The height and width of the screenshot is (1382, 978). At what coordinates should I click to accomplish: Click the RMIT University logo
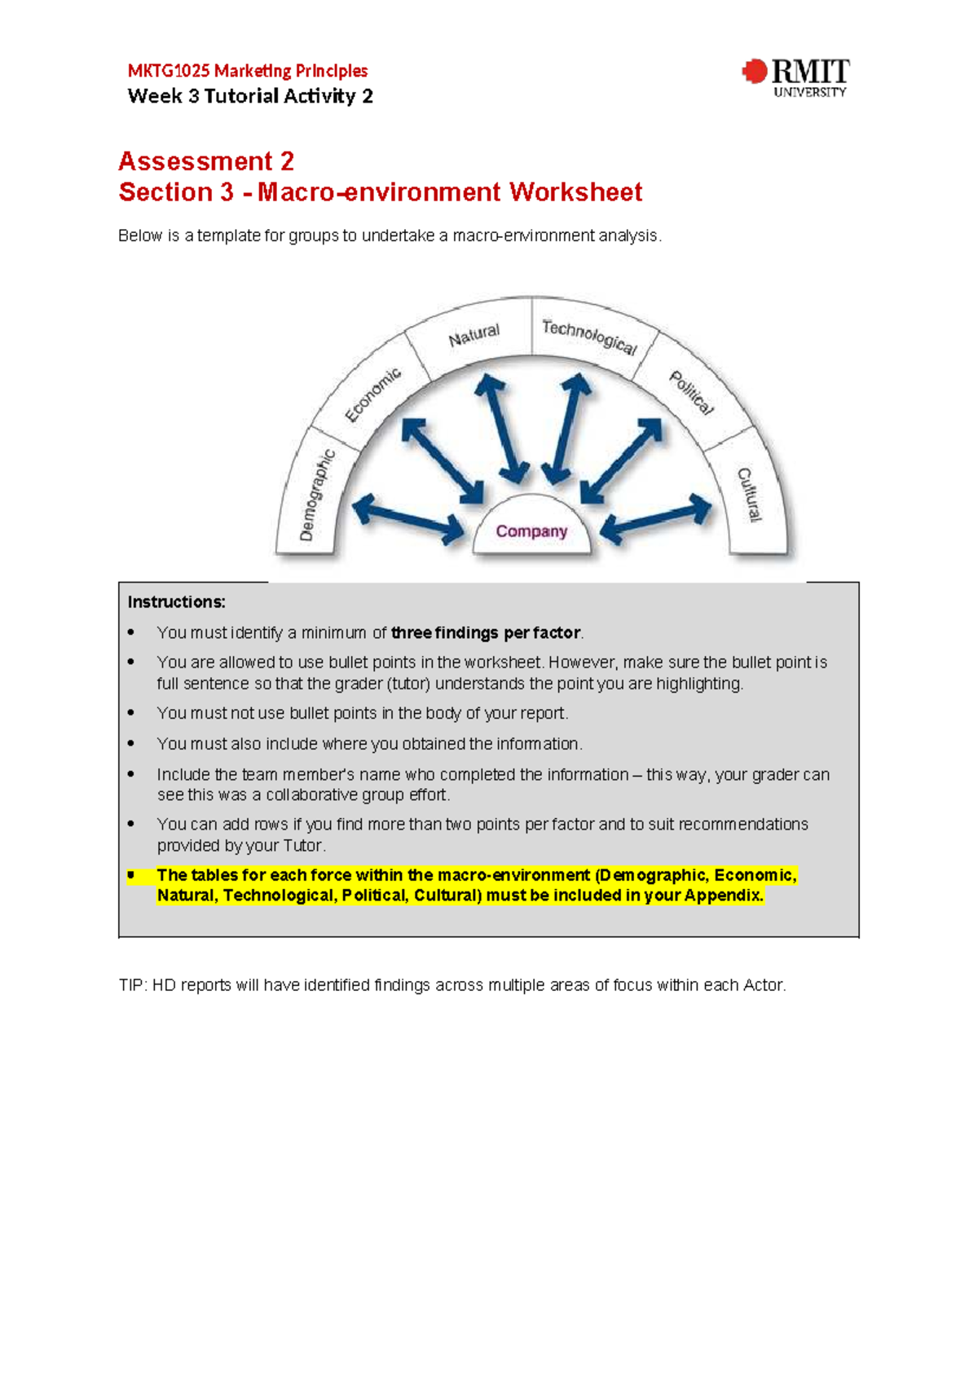pos(795,77)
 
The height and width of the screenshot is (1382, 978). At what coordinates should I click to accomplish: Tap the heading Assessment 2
pos(206,161)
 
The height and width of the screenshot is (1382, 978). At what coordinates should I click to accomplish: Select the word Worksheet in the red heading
pos(575,192)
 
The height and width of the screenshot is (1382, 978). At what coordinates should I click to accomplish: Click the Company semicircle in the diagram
pos(531,531)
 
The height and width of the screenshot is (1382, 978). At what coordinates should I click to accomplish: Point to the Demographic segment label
pos(316,495)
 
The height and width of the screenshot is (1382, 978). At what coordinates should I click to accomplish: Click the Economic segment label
pos(372,395)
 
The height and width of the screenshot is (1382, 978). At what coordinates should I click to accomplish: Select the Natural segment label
pos(474,335)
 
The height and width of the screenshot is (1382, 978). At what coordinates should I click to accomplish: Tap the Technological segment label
pos(589,337)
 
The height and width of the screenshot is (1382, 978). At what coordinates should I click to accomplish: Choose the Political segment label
pos(691,393)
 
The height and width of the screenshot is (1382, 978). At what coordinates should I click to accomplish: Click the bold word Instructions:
pos(176,602)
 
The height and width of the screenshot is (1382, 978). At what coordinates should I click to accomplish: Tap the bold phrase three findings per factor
pos(486,633)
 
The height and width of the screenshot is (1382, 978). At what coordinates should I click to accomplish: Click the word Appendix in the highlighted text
pos(722,896)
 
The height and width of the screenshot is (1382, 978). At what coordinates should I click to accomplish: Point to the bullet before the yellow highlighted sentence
pos(130,875)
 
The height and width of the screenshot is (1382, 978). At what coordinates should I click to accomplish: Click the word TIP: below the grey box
pos(132,985)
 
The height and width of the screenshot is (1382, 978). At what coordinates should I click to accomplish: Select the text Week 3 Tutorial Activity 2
pos(250,96)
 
